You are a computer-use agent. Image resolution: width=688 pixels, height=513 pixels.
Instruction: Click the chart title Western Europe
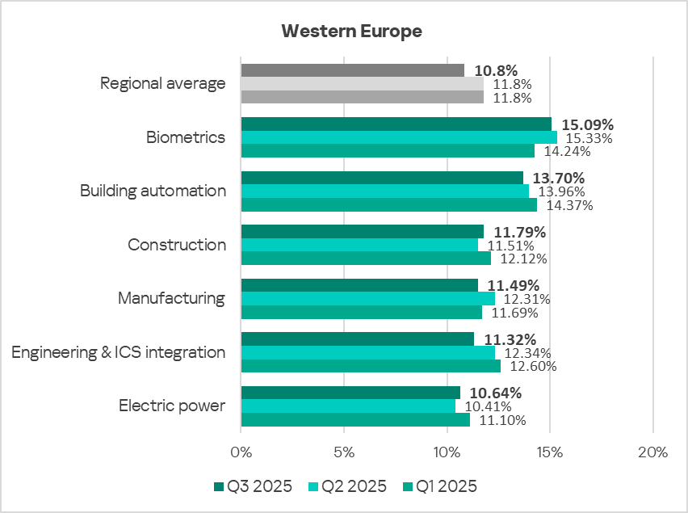(351, 32)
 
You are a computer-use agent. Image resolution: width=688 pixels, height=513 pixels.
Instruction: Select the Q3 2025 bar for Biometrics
(396, 124)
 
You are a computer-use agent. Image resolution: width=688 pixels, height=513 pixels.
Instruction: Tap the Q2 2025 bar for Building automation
(384, 191)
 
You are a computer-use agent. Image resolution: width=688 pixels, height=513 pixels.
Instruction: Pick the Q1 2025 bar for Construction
(366, 259)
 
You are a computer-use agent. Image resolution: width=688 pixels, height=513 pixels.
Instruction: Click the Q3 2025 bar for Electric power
(350, 393)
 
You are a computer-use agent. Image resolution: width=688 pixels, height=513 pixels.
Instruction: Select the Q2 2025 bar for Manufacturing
(367, 299)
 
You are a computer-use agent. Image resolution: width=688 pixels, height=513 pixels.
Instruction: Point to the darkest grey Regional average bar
(352, 70)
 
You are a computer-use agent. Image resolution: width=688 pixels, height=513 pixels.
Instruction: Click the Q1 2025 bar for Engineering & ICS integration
(371, 366)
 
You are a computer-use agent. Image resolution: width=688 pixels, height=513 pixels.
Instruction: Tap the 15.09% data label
(587, 125)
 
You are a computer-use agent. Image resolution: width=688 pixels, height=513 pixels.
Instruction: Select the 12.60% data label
(532, 366)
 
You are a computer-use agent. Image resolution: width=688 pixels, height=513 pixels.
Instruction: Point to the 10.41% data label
(487, 406)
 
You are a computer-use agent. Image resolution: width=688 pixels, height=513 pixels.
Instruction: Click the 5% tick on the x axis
(344, 452)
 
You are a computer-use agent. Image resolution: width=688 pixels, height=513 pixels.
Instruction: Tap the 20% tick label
(652, 452)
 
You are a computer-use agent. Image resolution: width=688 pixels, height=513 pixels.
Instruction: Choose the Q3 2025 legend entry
(255, 486)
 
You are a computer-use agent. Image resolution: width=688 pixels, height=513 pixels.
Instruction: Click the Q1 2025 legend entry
(443, 486)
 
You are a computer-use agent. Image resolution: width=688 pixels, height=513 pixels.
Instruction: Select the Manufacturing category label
(171, 298)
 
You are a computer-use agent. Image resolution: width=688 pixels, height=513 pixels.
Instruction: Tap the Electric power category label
(172, 406)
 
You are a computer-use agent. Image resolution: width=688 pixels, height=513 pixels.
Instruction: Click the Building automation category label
(153, 191)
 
